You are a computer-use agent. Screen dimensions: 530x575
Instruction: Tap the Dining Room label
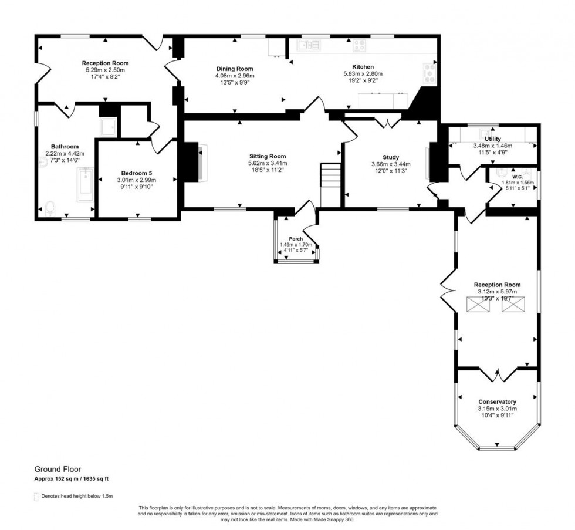(234, 69)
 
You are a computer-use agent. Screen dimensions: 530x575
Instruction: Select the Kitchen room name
(363, 67)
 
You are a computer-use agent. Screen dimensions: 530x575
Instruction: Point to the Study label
(391, 157)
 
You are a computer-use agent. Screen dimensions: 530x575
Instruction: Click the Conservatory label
(497, 401)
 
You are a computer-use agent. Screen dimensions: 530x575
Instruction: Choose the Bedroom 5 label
(137, 173)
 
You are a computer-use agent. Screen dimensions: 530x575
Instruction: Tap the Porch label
(296, 238)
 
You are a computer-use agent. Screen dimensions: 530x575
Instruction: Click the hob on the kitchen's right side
(429, 72)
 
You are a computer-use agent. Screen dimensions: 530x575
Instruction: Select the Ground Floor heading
(58, 469)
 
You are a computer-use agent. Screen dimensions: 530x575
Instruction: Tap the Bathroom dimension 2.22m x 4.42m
(65, 154)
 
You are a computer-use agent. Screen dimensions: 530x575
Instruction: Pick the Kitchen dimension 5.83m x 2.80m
(363, 74)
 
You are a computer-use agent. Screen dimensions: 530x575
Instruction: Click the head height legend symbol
(36, 497)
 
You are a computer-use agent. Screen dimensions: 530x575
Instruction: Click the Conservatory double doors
(497, 372)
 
